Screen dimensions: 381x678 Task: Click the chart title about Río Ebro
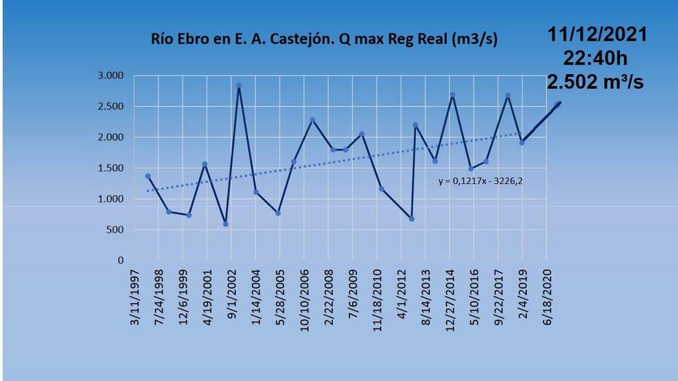(x=323, y=40)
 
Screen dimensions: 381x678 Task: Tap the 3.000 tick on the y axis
(x=111, y=75)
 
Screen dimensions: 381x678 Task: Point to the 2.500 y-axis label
(x=111, y=106)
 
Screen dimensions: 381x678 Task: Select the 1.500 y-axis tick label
(x=111, y=168)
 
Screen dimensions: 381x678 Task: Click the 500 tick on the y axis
(x=115, y=229)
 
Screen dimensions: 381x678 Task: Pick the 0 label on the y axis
(x=122, y=260)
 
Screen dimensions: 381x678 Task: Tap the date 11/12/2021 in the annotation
(x=597, y=35)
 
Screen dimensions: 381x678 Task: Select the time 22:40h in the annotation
(x=597, y=58)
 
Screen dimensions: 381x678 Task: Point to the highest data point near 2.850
(x=239, y=85)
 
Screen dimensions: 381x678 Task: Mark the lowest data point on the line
(x=226, y=224)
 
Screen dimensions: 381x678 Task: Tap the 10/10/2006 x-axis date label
(x=304, y=297)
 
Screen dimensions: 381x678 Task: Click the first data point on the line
(x=147, y=176)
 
